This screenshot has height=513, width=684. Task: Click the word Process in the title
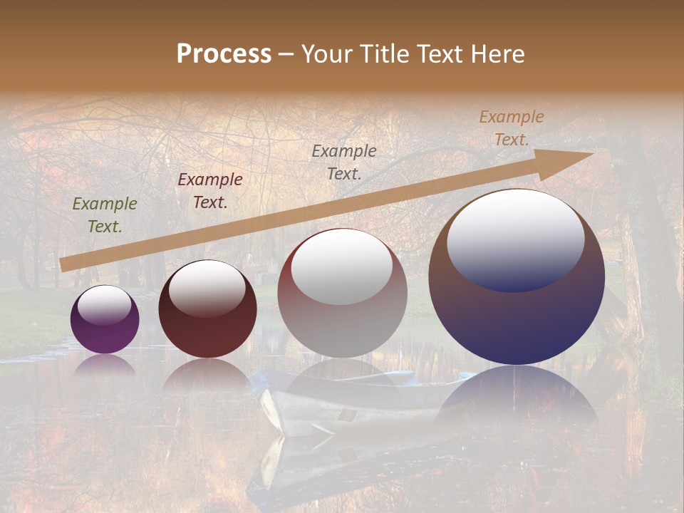pos(224,54)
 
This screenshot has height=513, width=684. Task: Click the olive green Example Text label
pos(105,215)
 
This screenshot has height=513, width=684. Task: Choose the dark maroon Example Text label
pos(210,191)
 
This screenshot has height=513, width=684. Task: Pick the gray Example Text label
pos(344,162)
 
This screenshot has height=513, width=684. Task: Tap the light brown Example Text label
pos(512,128)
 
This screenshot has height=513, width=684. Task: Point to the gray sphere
pos(342,321)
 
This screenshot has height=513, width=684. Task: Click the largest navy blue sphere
pos(517,313)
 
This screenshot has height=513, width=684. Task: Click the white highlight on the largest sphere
pos(515,240)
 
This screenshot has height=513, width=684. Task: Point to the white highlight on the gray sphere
pos(342,268)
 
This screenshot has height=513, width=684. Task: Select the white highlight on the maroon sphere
pos(207,289)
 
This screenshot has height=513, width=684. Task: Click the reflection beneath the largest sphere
pos(517,399)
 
